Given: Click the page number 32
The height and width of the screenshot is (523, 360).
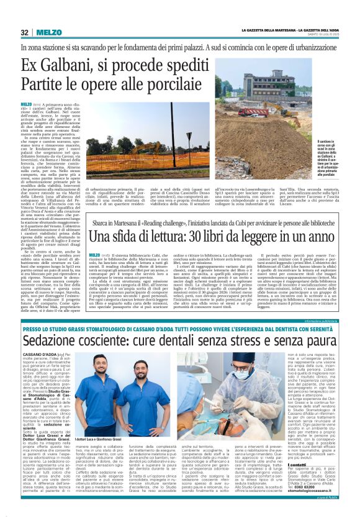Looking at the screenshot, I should coord(24,32).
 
